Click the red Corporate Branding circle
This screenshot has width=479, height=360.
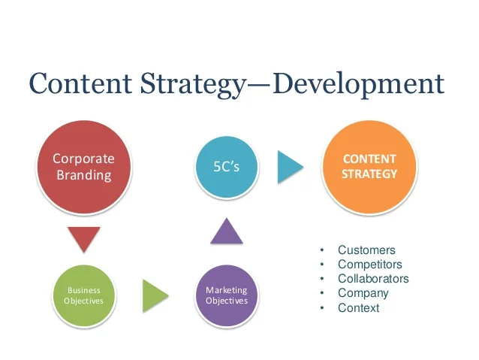(x=83, y=166)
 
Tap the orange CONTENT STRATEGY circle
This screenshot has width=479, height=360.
(x=369, y=166)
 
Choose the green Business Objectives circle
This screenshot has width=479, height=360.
(x=83, y=295)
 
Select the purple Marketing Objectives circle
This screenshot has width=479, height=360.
(x=226, y=295)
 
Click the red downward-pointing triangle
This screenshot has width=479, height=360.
(x=83, y=238)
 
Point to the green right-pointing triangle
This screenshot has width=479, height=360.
(x=154, y=295)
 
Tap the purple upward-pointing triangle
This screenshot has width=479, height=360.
(x=227, y=231)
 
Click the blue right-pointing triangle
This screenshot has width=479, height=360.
(x=289, y=166)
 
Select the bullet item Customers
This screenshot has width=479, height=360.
(x=366, y=250)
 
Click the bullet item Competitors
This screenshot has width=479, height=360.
(x=370, y=265)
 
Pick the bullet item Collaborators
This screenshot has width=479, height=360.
(x=373, y=279)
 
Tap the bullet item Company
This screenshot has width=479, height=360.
(x=363, y=293)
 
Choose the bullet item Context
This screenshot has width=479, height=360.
(x=359, y=307)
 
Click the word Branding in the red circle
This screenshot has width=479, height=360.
(x=83, y=175)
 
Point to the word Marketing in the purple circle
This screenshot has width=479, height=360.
(x=226, y=290)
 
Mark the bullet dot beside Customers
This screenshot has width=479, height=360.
(x=321, y=250)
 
